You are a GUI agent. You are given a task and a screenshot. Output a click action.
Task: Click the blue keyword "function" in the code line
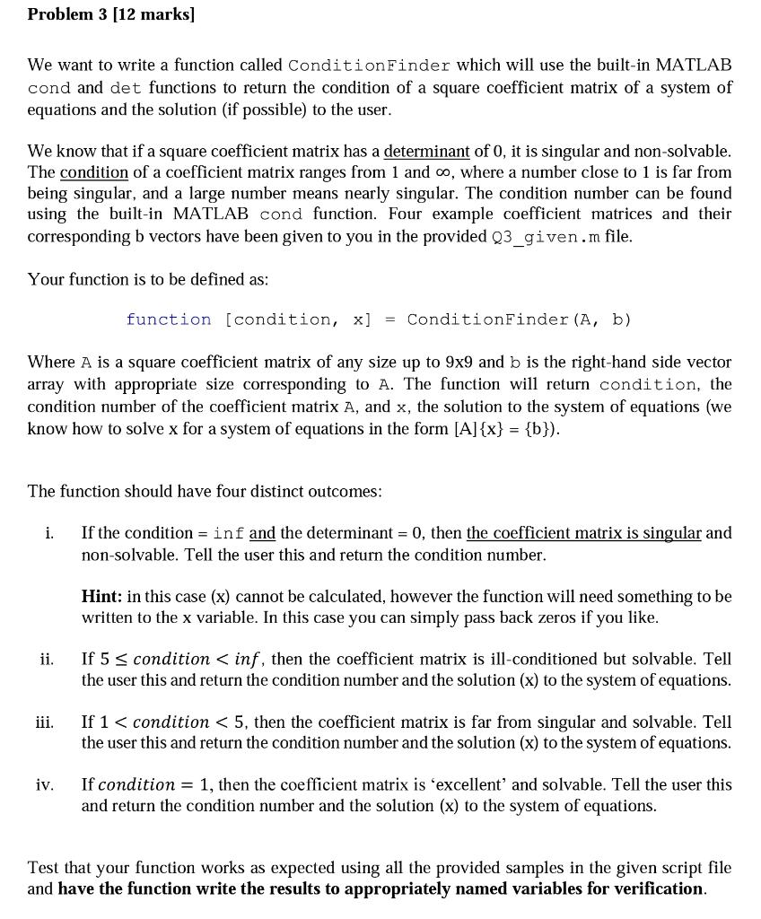(169, 319)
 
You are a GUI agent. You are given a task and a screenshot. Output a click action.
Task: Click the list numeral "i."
(49, 533)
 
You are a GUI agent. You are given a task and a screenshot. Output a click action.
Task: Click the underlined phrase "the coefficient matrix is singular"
(583, 533)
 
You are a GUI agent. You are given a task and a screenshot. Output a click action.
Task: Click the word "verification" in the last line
(657, 888)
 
